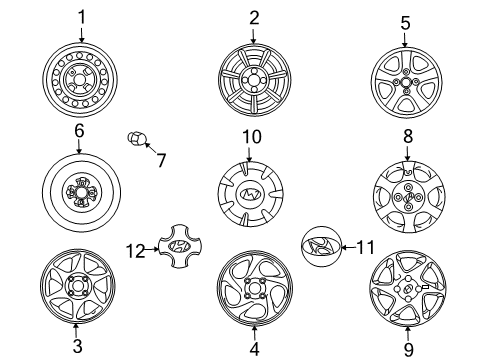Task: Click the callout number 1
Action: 82,17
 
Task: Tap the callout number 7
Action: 161,160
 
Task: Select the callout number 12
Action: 136,251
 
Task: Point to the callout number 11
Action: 365,247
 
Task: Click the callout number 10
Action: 252,137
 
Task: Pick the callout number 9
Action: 408,349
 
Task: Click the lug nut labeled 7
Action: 137,139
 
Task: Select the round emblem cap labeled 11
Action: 321,247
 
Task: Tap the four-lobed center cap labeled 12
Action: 180,246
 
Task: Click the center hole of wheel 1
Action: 80,80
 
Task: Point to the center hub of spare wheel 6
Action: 80,193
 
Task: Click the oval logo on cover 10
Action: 251,194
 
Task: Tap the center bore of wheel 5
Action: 406,82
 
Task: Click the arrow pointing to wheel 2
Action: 253,36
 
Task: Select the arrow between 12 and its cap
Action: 152,249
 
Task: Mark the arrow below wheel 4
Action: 254,332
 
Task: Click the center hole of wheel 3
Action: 77,286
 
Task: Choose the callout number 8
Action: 408,137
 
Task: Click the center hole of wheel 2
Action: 254,80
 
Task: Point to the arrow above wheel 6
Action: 79,147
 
